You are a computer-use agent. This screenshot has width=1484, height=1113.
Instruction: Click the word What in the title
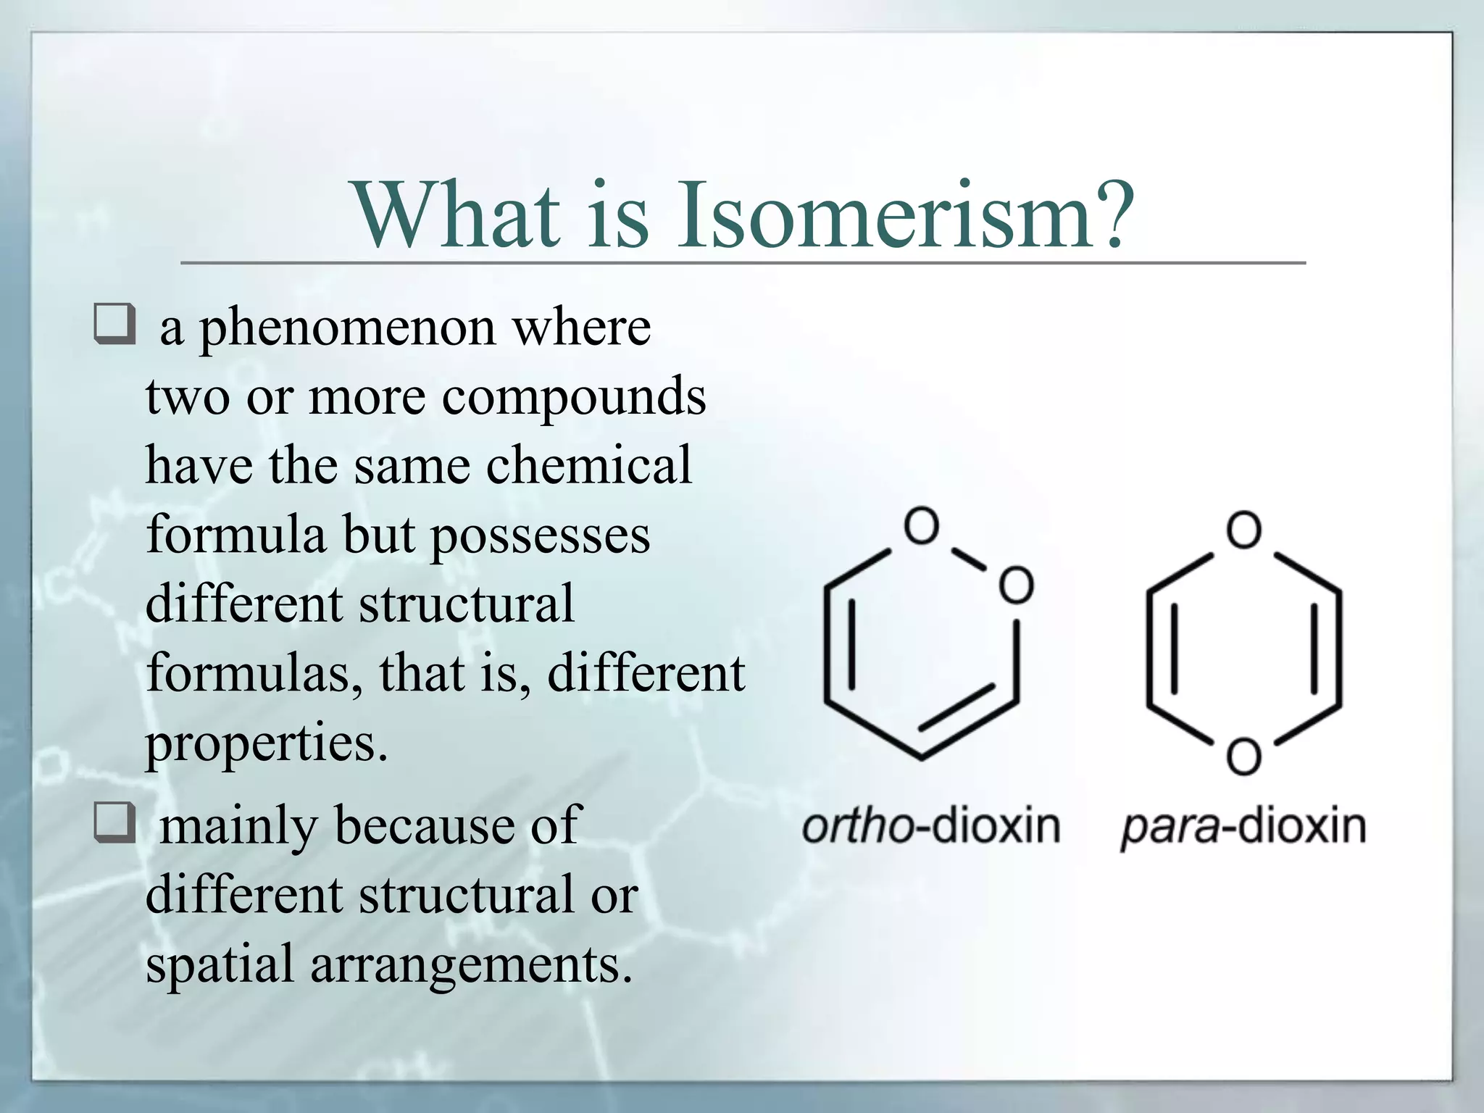(457, 215)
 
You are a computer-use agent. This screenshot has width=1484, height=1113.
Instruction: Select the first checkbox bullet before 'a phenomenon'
(114, 324)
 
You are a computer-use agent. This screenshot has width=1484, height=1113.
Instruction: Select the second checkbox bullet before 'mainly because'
(114, 822)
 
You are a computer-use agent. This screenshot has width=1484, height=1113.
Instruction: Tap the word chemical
(588, 465)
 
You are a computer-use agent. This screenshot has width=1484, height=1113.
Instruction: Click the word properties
(267, 744)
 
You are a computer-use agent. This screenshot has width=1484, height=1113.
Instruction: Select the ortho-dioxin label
(930, 827)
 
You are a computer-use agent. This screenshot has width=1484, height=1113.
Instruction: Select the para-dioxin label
(1243, 827)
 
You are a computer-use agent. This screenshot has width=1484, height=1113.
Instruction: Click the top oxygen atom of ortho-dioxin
(922, 525)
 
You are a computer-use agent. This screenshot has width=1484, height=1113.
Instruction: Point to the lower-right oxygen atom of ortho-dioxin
(1016, 585)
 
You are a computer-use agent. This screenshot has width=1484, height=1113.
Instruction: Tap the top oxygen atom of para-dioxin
(1243, 530)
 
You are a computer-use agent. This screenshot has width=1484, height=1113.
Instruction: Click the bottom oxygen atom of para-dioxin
(1243, 756)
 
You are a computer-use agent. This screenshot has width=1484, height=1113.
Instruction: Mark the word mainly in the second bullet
(238, 827)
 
